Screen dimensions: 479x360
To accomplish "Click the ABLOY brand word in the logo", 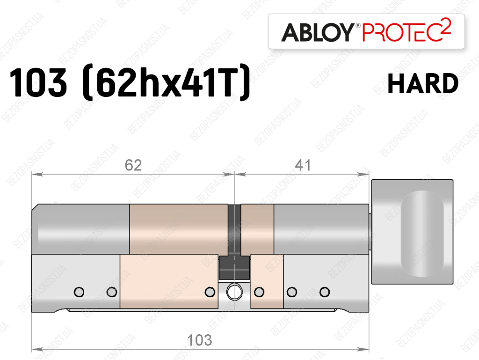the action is click(318, 32).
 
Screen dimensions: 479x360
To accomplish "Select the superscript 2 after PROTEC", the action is click(446, 26).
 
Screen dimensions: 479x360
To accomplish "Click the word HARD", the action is click(423, 83).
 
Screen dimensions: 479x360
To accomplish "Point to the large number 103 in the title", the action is click(38, 83).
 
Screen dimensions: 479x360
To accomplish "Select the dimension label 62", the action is click(133, 165).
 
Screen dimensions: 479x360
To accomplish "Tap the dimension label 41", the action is click(303, 165).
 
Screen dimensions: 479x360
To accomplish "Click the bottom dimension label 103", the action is click(199, 340).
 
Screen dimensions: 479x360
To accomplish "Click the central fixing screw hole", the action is click(234, 292).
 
